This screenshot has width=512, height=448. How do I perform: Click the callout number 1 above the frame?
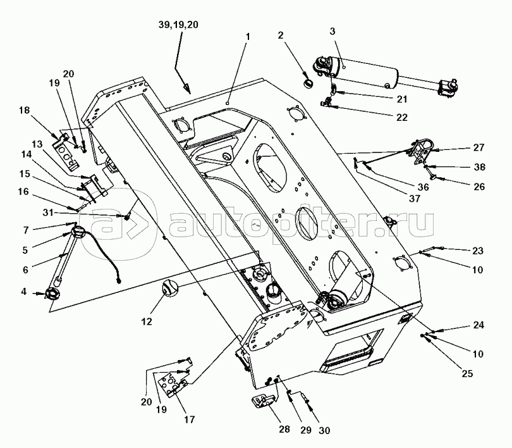248,37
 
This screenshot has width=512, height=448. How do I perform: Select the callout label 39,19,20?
178,25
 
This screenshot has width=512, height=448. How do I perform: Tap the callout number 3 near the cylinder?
332,32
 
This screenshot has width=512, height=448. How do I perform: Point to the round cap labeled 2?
308,83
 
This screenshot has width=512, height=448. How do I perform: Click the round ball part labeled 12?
170,287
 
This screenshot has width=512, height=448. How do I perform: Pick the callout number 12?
147,322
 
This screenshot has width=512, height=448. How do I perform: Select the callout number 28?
284,430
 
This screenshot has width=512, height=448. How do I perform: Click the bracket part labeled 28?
264,401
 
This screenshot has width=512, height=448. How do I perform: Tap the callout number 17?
190,420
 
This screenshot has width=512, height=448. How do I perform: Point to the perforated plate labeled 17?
172,385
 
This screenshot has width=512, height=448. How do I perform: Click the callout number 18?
24,111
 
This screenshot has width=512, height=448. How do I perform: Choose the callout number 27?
478,147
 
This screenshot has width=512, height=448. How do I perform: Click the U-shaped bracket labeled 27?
420,151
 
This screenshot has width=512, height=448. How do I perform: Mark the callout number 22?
401,118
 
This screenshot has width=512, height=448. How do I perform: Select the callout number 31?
48,213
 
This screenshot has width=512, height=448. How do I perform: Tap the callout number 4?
24,292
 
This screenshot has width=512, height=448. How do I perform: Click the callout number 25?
468,373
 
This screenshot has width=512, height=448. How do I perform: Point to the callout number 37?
415,198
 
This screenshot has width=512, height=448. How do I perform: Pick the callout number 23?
478,251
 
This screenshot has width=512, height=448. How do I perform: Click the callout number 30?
324,431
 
